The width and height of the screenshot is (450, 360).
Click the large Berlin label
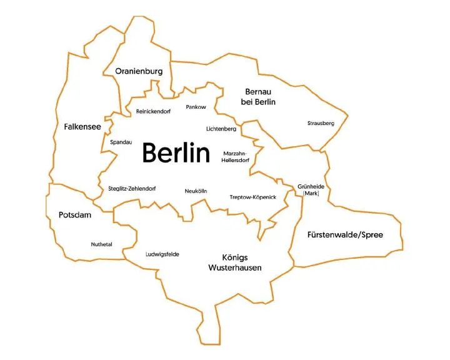coord(176,152)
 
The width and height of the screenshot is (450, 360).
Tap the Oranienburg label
coord(139,71)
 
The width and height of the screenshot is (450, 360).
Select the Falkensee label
coord(82,127)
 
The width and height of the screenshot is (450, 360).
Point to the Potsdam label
coord(75,215)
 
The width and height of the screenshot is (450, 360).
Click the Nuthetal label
coord(101,244)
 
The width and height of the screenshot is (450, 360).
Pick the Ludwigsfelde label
coord(162,254)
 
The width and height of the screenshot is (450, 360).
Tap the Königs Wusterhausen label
coord(234,262)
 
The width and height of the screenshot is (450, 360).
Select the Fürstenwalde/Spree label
coord(345,235)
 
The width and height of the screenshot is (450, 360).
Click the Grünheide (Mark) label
coord(311,190)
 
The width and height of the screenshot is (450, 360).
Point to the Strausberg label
coord(321,123)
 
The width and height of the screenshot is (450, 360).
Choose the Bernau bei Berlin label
coord(258,97)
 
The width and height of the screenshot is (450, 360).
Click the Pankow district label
coord(196,107)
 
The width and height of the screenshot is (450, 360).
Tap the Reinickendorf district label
coord(153,111)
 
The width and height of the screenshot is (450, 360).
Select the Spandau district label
coord(121,142)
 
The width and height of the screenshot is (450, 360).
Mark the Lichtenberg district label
coord(221,129)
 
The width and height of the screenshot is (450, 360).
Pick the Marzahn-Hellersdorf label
coord(236,157)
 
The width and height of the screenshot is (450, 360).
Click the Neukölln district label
coord(196,191)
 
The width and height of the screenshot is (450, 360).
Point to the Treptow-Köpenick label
coord(252,197)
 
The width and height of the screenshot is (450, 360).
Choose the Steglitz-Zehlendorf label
coord(132,189)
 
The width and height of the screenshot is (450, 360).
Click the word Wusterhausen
coord(234,268)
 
